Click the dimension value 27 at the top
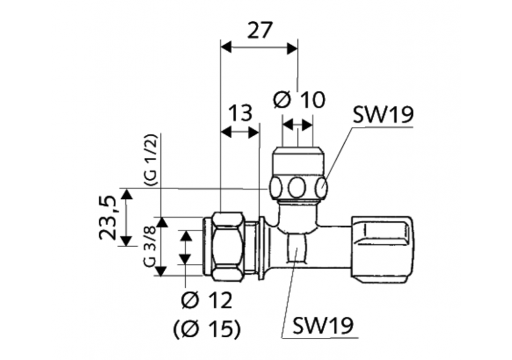click(260, 30)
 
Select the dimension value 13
click(241, 113)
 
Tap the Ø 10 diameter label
click(298, 100)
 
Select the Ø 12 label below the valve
click(207, 301)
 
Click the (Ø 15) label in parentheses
click(207, 329)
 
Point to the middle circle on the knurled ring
click(299, 186)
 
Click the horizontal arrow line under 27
click(260, 47)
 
